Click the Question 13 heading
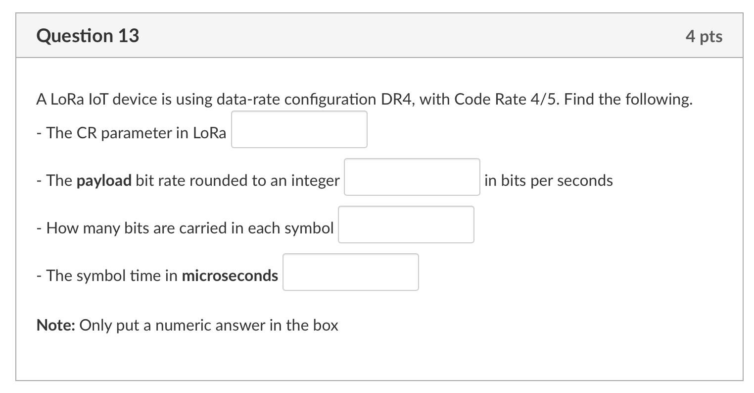tap(88, 36)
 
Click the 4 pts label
tap(704, 36)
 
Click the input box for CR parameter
tap(299, 129)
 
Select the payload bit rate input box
tap(412, 177)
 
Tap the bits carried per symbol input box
tap(406, 225)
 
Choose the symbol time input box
tap(350, 272)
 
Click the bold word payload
tap(104, 180)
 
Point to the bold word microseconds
tap(230, 276)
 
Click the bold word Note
tap(55, 325)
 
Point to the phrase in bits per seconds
tap(548, 180)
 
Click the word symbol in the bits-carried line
tap(309, 228)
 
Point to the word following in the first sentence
tap(657, 100)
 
